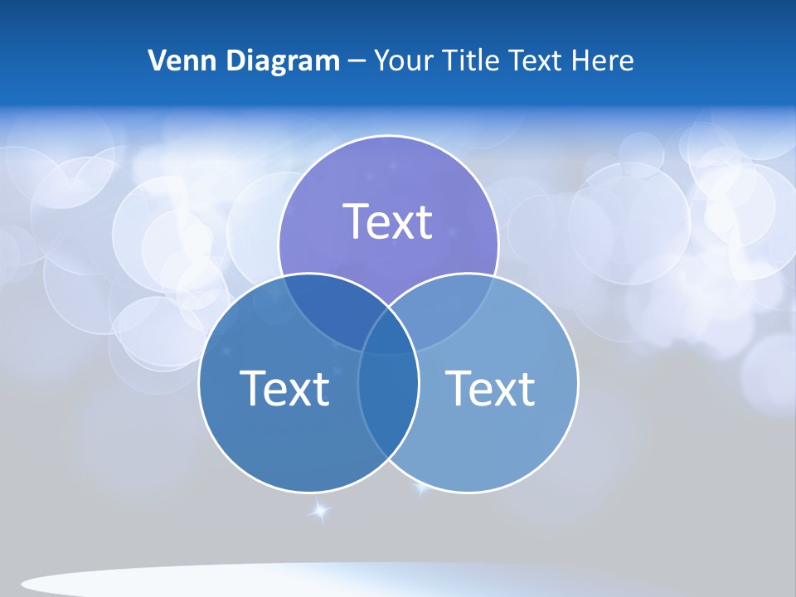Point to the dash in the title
coord(356,61)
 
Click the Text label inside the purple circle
coord(388,221)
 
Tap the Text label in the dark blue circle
coord(284,388)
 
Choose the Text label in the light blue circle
coord(490,388)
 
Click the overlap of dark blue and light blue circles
coord(388,415)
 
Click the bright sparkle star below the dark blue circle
coord(319,510)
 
